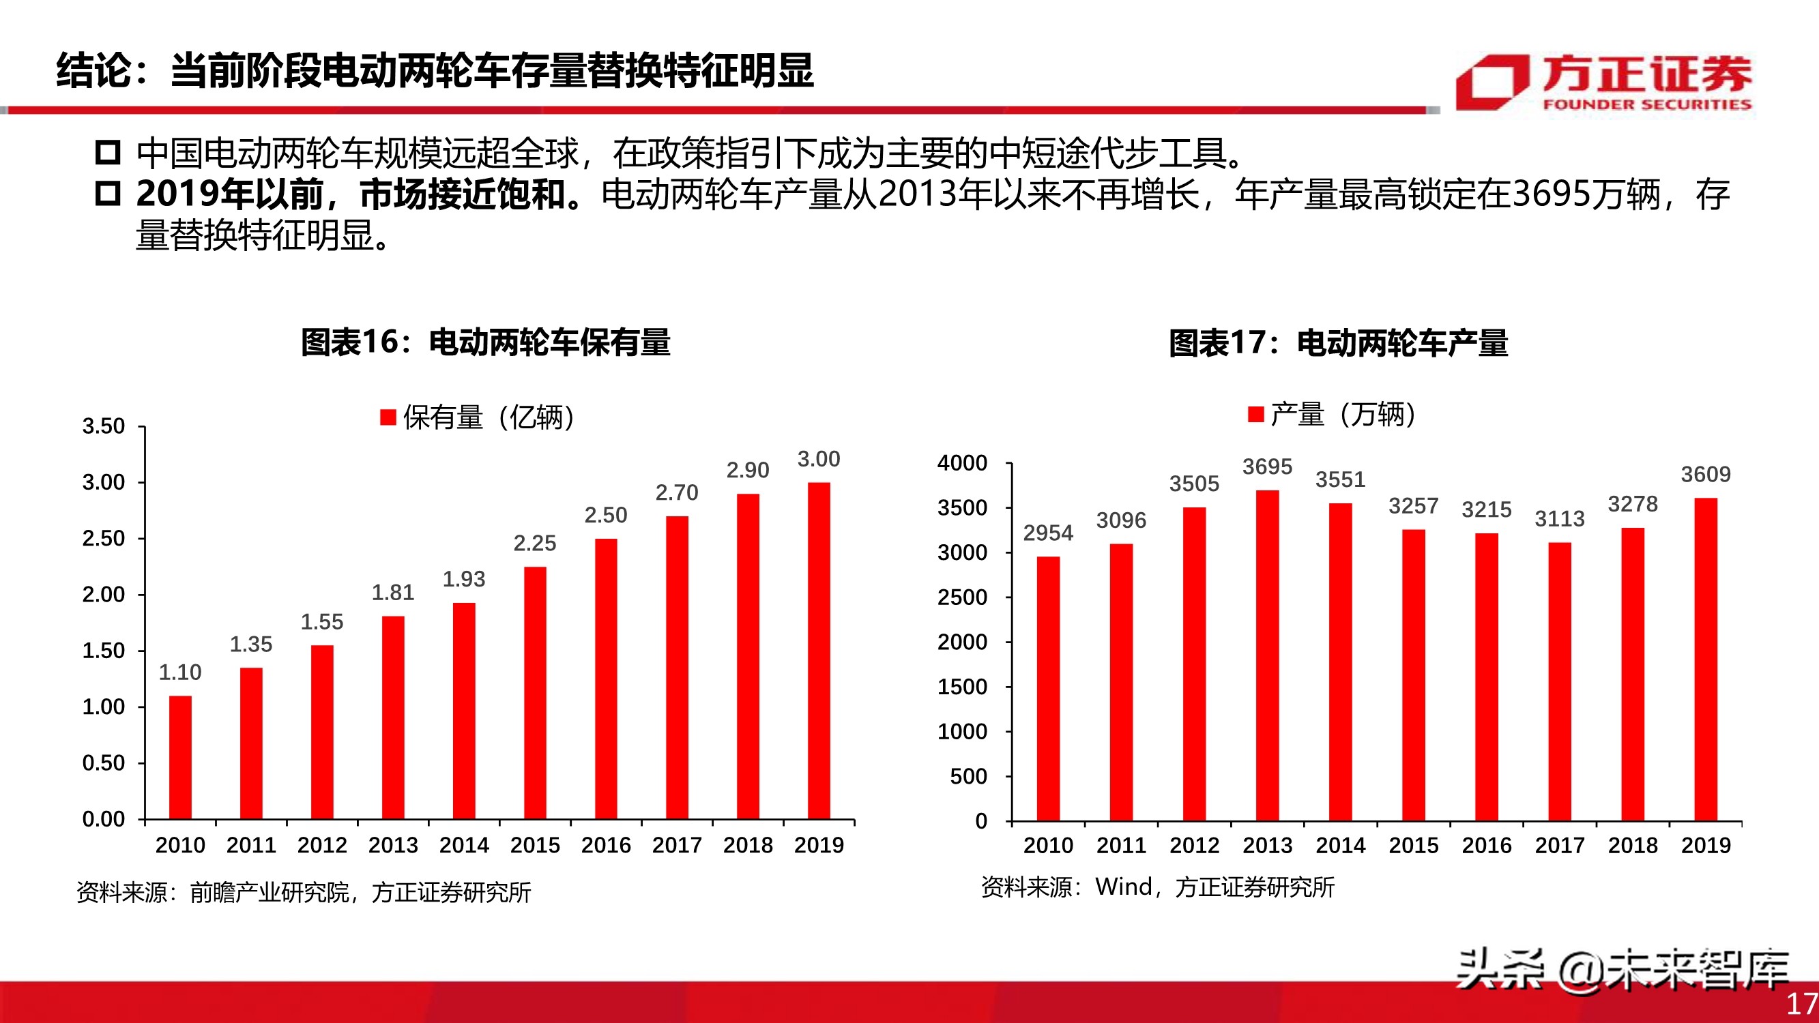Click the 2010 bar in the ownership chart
click(180, 757)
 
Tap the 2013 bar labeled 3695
click(1268, 655)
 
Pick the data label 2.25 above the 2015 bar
click(534, 543)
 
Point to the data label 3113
click(1560, 519)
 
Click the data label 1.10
click(180, 672)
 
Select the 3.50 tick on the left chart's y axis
click(103, 426)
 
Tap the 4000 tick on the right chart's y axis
click(962, 463)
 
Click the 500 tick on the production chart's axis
click(968, 777)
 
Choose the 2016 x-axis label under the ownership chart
click(606, 845)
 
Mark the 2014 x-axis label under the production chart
click(1340, 845)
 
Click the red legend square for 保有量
click(388, 417)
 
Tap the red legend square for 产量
click(1255, 414)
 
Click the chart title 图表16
click(486, 342)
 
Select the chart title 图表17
click(1338, 343)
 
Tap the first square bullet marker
click(108, 153)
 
